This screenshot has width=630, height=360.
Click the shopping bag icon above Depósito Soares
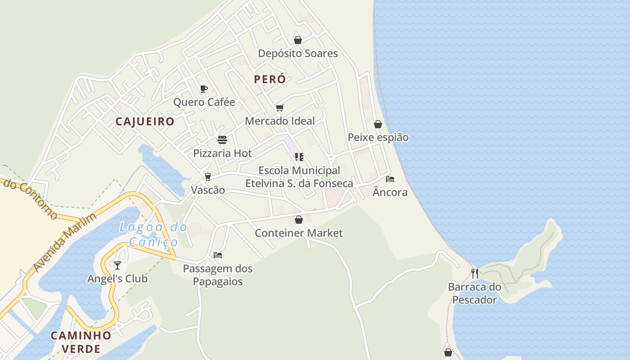[x=297, y=40]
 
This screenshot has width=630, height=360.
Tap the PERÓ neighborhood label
[x=270, y=79]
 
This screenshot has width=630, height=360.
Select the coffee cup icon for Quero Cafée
[x=204, y=89]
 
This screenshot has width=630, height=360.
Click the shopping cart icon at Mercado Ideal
[x=280, y=108]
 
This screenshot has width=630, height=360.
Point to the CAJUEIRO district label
[x=145, y=121]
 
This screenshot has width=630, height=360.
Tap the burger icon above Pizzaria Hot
[x=222, y=140]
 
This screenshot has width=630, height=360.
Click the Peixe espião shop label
[x=378, y=137]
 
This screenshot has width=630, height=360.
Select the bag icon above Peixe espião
[x=378, y=124]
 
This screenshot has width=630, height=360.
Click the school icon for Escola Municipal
[x=299, y=157]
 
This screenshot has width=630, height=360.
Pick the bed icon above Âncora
[x=390, y=179]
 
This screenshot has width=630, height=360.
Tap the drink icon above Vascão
[x=208, y=176]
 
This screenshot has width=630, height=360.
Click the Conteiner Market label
[x=298, y=233]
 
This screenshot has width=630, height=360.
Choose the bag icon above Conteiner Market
[x=298, y=220]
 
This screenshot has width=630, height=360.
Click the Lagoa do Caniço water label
[x=153, y=234]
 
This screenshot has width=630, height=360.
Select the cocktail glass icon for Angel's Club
[x=117, y=265]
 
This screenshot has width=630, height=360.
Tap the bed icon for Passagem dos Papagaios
[x=218, y=255]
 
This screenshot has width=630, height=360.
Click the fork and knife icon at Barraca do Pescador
[x=475, y=273]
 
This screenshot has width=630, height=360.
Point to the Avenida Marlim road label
[x=65, y=243]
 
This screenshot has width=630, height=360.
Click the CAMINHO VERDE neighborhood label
[x=81, y=342]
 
